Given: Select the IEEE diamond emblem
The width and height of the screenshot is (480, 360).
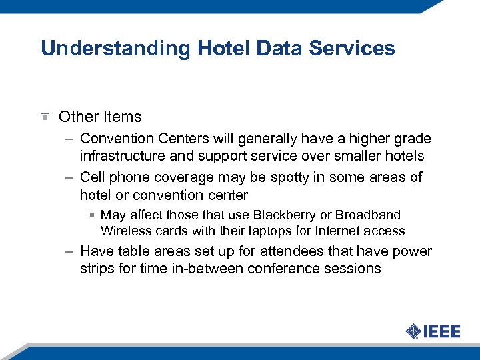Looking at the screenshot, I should coord(413,331).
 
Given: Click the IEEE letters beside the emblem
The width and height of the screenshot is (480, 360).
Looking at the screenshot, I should coord(441,331).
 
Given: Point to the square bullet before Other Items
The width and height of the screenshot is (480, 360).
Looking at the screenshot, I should coord(44,117).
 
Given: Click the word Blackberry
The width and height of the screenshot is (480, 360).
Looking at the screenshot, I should coord(291,215).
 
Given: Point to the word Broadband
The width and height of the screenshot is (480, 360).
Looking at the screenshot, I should coord(368,215).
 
